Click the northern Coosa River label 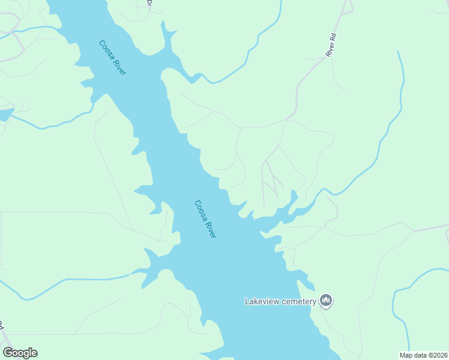click(x=112, y=58)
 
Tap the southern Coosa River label click(x=205, y=219)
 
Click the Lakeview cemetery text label click(x=280, y=301)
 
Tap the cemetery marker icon click(x=326, y=300)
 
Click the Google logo click(x=20, y=353)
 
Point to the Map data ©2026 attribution click(x=423, y=355)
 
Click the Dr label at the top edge click(x=149, y=4)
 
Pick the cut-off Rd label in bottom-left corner click(x=2, y=325)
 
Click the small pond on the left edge click(x=5, y=115)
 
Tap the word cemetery click(x=297, y=301)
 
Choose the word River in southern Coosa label click(x=211, y=229)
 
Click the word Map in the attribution click(x=406, y=355)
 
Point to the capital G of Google click(x=8, y=353)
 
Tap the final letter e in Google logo click(x=34, y=353)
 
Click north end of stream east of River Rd click(x=398, y=53)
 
